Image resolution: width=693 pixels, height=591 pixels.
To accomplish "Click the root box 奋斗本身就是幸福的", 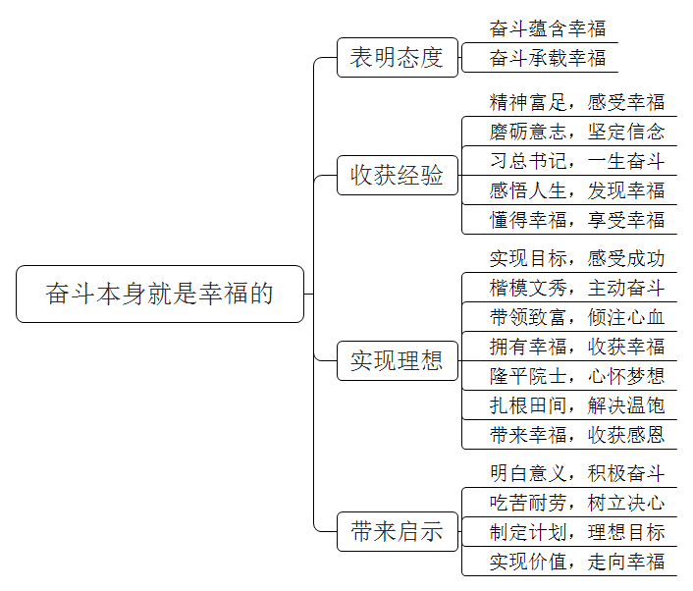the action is (x=160, y=294).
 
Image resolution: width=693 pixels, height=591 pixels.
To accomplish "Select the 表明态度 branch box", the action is (x=398, y=58).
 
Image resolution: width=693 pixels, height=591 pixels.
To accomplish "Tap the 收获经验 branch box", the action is (x=398, y=175).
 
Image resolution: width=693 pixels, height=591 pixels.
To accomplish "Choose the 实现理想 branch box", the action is (x=398, y=360).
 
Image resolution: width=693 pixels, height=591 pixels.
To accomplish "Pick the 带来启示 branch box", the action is (x=398, y=531).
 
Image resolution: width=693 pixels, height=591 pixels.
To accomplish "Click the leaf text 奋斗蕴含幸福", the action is (x=548, y=28).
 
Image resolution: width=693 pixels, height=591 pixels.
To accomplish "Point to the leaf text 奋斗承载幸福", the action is (x=548, y=58).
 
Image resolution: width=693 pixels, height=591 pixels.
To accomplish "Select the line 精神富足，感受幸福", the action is (x=577, y=102).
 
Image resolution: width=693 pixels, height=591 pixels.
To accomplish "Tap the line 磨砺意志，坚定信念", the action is (x=577, y=132).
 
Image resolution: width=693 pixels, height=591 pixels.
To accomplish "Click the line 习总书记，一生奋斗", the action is (x=577, y=161).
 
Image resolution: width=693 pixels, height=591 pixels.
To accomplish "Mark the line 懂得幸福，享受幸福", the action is (x=577, y=220).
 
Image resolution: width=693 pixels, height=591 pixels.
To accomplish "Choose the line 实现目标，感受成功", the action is (x=577, y=258).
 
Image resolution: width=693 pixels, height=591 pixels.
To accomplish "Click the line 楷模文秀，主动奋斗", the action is (x=577, y=288).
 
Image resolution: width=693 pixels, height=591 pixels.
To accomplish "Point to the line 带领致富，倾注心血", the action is (x=577, y=317).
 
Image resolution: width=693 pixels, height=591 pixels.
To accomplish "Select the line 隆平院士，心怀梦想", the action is (x=577, y=376).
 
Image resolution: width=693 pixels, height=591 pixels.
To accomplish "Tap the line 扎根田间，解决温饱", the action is (x=577, y=405).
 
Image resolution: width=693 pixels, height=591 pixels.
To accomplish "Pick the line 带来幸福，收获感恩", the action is (x=577, y=435).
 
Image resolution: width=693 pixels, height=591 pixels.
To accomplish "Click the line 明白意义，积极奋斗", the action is (x=577, y=473).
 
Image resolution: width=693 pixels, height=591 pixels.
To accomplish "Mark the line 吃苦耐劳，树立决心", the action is (x=577, y=503).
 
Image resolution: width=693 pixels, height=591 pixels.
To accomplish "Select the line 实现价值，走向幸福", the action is (x=577, y=562).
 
